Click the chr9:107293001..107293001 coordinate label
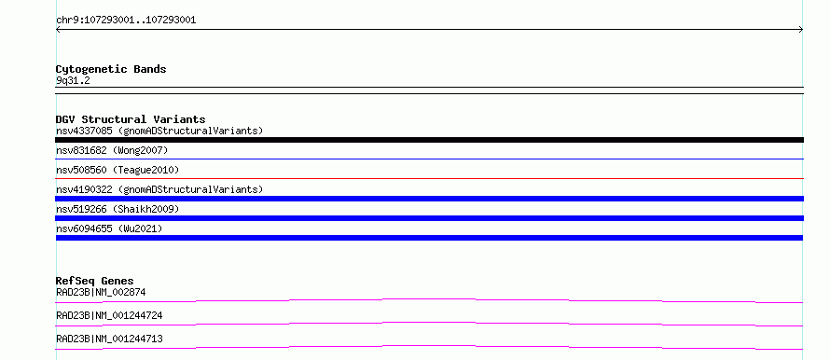[126, 21]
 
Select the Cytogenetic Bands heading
[111, 69]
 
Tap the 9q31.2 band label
[73, 81]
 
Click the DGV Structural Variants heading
[131, 119]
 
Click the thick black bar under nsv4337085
[429, 140]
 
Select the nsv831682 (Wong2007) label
[112, 151]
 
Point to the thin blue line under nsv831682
[429, 159]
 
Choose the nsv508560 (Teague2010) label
[118, 170]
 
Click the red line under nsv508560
[429, 178]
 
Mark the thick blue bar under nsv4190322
[429, 199]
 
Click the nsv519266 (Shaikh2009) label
[118, 209]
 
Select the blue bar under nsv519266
[429, 218]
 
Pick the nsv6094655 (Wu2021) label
[109, 228]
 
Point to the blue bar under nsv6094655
[429, 238]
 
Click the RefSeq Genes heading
[95, 281]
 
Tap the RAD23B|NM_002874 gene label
[101, 292]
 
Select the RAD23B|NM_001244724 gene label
[109, 315]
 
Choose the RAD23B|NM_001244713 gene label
[109, 339]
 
